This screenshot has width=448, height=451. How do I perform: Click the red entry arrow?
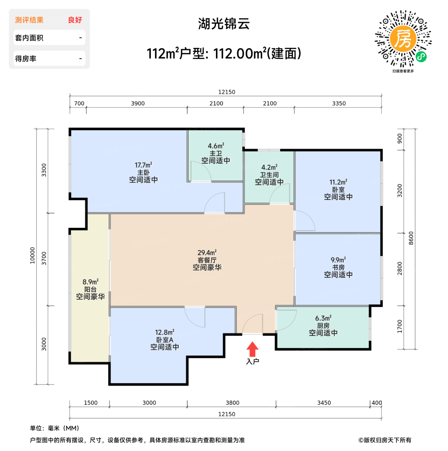point(252,349)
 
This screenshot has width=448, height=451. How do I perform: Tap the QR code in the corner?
point(403,39)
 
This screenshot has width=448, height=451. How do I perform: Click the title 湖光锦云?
point(224,24)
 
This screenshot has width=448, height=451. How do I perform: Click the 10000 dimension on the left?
point(32,255)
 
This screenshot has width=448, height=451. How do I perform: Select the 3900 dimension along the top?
point(138,103)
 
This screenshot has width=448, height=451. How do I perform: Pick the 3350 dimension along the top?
point(339,103)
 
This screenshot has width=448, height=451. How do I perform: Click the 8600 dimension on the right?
point(411,238)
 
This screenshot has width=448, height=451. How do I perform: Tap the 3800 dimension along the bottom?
point(232,403)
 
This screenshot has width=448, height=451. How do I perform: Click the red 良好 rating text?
point(75,20)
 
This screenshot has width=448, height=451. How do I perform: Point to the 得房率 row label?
point(26,59)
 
